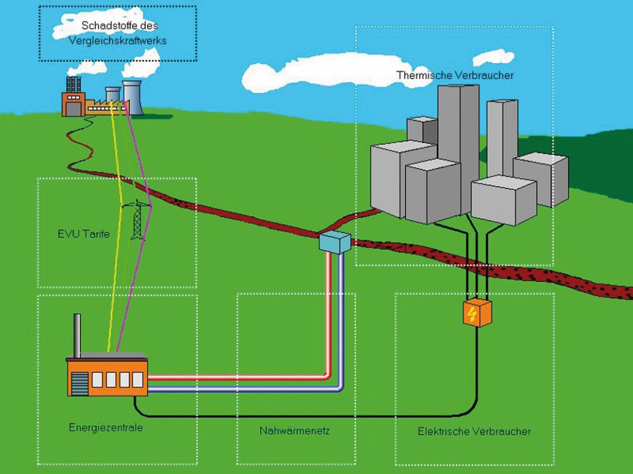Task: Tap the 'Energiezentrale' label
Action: [106, 427]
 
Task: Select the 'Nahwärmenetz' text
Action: [294, 430]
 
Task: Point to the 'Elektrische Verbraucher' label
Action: [474, 431]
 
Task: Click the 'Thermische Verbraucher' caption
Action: [455, 75]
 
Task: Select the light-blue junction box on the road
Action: [334, 242]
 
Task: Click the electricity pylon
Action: [138, 221]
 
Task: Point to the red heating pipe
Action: [247, 376]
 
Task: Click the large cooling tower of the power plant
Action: [132, 99]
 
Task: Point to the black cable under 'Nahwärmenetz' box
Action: [294, 415]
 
